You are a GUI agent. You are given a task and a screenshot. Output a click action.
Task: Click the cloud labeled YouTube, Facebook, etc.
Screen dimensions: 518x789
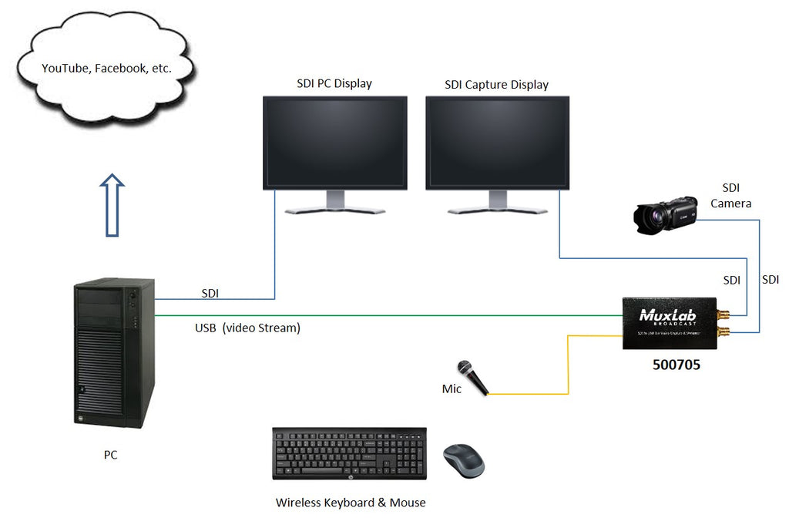106,69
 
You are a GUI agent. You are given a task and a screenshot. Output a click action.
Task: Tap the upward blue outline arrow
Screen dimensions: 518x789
112,205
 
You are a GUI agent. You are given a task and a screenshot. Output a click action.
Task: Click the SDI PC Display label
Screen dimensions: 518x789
334,83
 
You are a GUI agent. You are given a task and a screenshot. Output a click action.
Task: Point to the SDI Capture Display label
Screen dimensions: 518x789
496,84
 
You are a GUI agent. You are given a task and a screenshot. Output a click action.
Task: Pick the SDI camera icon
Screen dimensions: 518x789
664,215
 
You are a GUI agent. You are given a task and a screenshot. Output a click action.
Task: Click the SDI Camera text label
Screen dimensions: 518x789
730,196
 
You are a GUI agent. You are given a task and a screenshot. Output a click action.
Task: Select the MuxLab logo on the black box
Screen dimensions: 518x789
667,315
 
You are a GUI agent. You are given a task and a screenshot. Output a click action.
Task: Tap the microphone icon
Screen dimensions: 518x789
473,378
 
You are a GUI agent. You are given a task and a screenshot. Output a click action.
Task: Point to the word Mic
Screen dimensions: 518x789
452,389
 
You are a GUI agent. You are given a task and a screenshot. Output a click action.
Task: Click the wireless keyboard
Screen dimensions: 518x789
349,453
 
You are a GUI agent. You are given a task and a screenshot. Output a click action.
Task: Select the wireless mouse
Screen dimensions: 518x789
464,461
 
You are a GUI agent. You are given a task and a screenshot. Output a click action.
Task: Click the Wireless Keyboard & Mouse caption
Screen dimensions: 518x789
351,503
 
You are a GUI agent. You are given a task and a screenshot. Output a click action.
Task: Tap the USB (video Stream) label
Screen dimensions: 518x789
247,328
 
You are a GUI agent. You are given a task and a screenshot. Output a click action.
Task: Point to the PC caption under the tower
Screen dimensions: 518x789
111,455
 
